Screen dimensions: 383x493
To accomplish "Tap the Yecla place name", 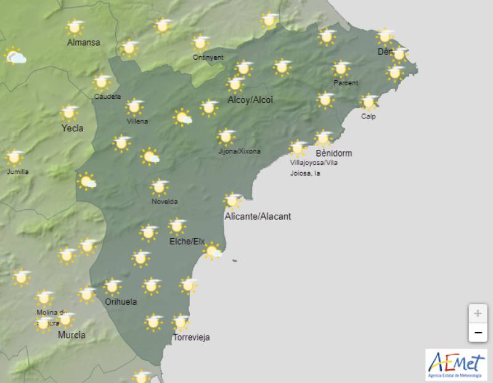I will [72, 128].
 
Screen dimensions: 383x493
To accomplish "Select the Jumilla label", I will [17, 171].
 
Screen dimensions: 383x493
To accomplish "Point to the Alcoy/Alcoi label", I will [250, 100].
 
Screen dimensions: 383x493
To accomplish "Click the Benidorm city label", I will [333, 153].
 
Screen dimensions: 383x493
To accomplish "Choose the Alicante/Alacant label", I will [258, 216].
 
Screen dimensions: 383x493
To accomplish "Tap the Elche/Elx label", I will [187, 241].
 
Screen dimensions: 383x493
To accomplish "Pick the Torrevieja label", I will [192, 337].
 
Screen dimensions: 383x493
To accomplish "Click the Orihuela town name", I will [121, 302].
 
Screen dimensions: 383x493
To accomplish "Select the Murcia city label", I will [71, 336].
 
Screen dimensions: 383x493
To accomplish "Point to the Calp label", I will [369, 117].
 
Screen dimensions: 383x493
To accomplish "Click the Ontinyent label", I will [208, 57].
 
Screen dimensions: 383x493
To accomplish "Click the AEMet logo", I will [455, 364].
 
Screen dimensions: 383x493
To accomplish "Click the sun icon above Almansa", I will [75, 27].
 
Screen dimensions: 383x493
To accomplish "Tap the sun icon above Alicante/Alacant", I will [232, 200].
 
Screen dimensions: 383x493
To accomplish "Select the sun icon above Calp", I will [369, 102].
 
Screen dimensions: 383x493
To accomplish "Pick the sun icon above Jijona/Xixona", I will [226, 136].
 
